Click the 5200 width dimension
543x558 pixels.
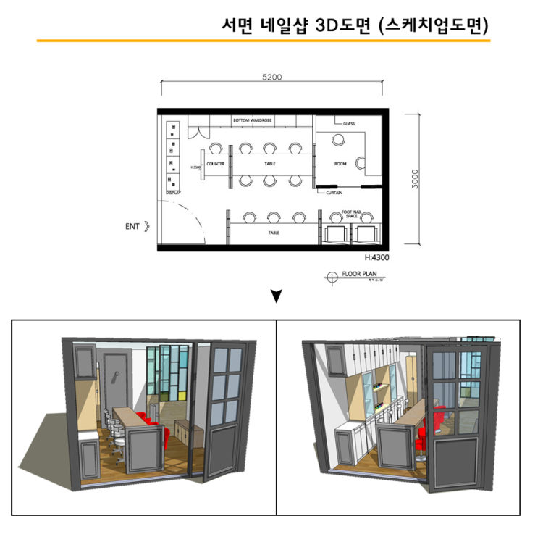271,78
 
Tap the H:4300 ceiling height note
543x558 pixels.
376,257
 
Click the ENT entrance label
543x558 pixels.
132,227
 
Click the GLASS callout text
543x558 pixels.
349,124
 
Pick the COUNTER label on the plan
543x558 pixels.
215,164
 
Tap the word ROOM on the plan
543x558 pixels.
340,164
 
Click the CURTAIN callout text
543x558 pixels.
334,193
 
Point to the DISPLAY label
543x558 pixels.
173,193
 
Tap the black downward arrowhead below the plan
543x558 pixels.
276,296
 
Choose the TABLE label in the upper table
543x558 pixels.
269,164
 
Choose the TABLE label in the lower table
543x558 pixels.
274,233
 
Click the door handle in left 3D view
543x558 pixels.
116,375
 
